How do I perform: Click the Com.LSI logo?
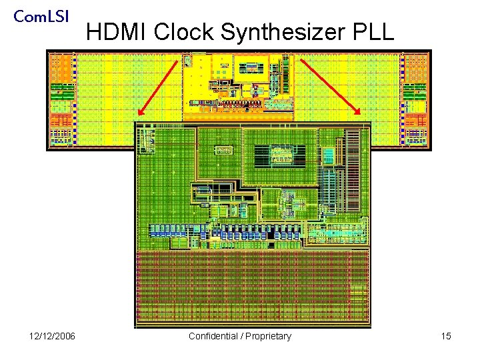point(41,15)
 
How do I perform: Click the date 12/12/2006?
point(52,336)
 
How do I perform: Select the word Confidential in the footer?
point(213,336)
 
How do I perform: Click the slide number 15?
point(446,336)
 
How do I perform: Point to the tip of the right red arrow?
point(361,115)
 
